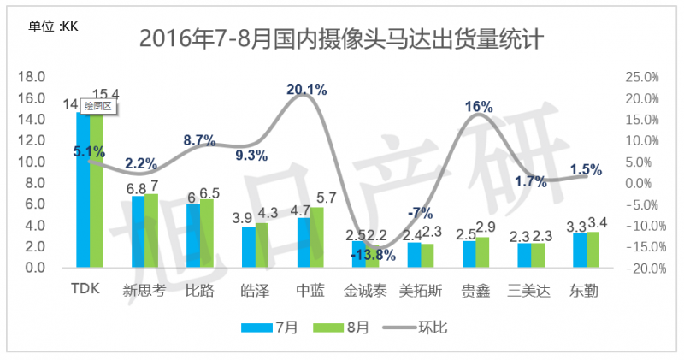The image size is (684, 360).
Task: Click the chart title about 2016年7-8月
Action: click(x=342, y=39)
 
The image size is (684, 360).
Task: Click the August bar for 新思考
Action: click(x=151, y=230)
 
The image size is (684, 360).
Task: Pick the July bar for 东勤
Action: click(x=580, y=250)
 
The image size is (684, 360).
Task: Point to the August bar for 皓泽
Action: click(x=262, y=245)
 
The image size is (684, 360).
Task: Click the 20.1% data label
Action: click(x=306, y=89)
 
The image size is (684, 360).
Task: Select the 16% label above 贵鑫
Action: click(x=479, y=107)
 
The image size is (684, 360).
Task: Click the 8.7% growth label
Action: click(x=199, y=140)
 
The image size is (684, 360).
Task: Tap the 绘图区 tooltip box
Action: click(x=97, y=107)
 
